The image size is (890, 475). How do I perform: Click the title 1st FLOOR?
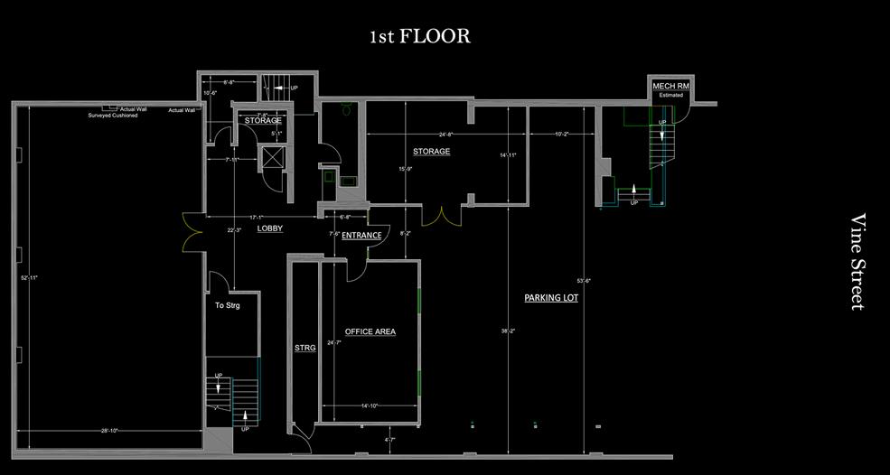[x=419, y=37]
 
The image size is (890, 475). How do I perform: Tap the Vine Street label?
[x=858, y=262]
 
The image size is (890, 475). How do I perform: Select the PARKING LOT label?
[x=551, y=298]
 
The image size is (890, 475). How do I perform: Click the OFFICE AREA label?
[x=370, y=332]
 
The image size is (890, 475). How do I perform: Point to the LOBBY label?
[x=270, y=229]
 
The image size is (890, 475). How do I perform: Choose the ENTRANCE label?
[x=361, y=236]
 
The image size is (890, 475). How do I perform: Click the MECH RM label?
[x=671, y=86]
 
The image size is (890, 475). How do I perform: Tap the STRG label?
[x=305, y=348]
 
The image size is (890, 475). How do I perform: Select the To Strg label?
[x=227, y=306]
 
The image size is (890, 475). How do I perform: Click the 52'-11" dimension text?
[x=29, y=277]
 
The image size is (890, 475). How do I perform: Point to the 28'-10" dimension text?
[x=108, y=431]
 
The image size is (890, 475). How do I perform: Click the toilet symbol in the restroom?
[x=344, y=110]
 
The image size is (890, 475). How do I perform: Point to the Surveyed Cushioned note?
[x=113, y=116]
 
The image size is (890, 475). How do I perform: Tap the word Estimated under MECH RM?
[x=671, y=95]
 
